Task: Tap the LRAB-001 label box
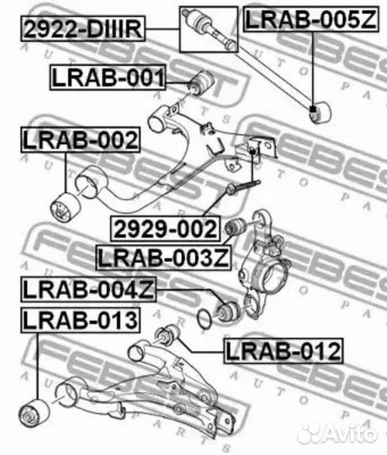[106, 79]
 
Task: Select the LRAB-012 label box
[283, 349]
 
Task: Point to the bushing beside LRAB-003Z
[236, 227]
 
